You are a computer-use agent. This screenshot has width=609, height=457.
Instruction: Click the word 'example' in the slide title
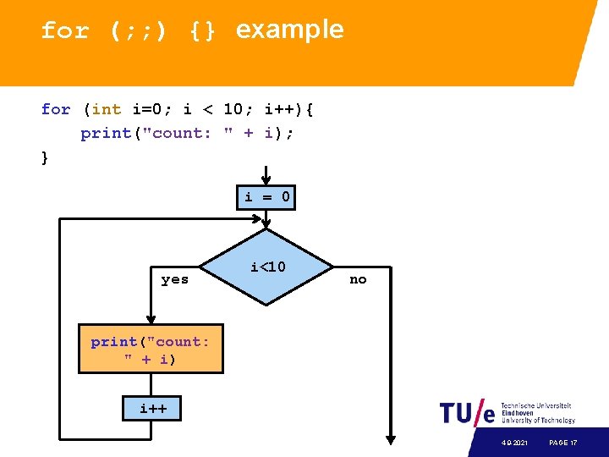coord(289,30)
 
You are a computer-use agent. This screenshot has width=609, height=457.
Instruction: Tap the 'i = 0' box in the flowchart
coord(267,198)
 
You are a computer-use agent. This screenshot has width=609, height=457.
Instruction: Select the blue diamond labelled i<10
coord(267,267)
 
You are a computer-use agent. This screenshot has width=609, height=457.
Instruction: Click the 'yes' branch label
coord(175,279)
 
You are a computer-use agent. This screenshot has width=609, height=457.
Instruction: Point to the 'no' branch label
coord(359,279)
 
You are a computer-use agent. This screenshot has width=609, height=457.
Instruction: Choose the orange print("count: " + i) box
coord(151,349)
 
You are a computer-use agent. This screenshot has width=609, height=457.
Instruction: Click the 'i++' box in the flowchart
coord(153,410)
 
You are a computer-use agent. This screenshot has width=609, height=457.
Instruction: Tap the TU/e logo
coord(467,413)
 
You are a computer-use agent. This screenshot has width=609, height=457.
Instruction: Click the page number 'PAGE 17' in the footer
coord(562,443)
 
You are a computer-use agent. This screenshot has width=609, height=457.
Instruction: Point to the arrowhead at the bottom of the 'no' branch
coord(391,439)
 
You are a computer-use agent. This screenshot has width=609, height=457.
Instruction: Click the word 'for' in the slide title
coord(64,31)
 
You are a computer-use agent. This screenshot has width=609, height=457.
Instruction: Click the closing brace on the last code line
coord(45,157)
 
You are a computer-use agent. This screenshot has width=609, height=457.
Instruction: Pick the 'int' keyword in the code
coord(107,109)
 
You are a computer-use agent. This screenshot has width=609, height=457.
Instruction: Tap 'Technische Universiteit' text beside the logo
coord(536,405)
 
